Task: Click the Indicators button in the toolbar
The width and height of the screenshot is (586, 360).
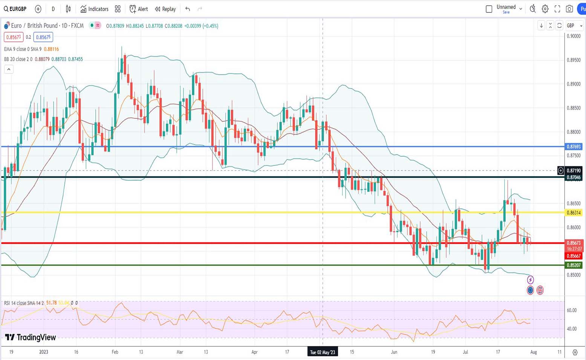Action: tap(94, 9)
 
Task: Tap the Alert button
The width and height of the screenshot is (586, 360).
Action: tap(139, 9)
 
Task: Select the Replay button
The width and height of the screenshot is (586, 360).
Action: tap(165, 9)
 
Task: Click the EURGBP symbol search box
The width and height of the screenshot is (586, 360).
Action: tap(15, 9)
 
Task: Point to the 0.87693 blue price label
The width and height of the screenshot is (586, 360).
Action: tap(574, 147)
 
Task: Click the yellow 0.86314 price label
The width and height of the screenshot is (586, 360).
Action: tap(574, 213)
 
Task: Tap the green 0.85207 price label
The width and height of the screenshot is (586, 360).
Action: tap(574, 265)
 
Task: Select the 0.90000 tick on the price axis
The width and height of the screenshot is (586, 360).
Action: tap(574, 36)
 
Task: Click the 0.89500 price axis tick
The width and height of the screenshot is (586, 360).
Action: tap(574, 60)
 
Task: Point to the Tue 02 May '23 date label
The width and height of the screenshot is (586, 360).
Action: tap(322, 352)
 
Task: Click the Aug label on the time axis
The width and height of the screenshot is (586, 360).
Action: tap(534, 352)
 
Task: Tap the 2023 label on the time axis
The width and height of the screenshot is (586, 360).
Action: tap(44, 352)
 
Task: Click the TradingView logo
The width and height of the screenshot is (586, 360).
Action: tap(31, 337)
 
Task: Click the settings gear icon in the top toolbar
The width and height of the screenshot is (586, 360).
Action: tap(545, 9)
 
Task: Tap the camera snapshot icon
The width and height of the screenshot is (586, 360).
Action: tap(569, 9)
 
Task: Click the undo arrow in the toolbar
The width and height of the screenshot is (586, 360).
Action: tap(188, 9)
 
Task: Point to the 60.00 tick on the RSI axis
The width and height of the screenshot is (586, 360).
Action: tap(572, 310)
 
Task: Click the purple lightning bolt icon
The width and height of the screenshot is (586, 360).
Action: tap(530, 280)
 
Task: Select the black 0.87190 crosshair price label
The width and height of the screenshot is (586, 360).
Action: tap(574, 171)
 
